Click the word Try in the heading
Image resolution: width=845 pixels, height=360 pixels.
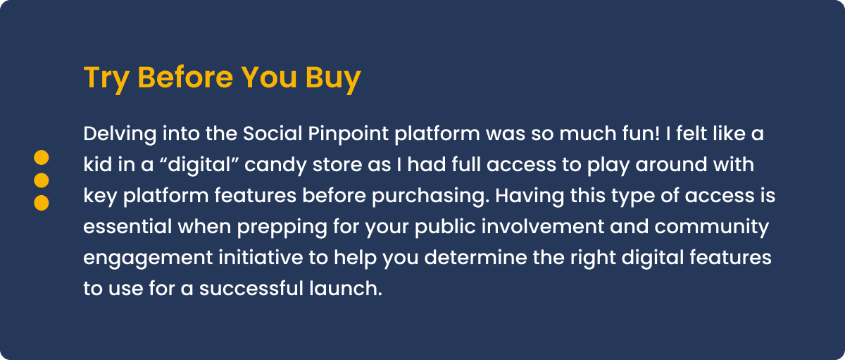click(106, 78)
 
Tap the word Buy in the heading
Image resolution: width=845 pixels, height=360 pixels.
click(333, 78)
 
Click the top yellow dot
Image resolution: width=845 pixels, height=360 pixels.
click(42, 157)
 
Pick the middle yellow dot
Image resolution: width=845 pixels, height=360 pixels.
click(42, 180)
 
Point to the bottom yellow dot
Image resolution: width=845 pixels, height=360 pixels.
click(42, 203)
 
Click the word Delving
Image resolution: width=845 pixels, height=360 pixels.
click(120, 135)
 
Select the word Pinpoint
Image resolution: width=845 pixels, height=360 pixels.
click(348, 135)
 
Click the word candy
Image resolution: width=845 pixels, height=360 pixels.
click(275, 166)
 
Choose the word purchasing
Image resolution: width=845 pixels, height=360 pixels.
click(430, 197)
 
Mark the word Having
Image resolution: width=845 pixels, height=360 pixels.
click(530, 197)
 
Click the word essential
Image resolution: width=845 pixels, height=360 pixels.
click(127, 226)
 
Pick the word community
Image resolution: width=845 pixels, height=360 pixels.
click(711, 228)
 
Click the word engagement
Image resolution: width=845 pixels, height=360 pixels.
click(148, 259)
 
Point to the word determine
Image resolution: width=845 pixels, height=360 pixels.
click(476, 257)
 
